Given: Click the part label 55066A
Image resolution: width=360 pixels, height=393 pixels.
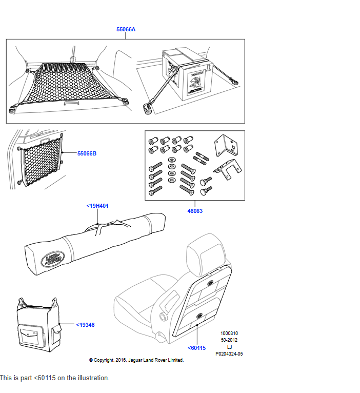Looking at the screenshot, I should [x=126, y=30].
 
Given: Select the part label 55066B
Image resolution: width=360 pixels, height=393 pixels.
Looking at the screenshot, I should [x=87, y=153].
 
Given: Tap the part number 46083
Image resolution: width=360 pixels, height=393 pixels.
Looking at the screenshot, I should [x=195, y=211].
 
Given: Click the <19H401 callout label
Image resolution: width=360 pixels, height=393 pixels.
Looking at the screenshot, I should [x=97, y=206].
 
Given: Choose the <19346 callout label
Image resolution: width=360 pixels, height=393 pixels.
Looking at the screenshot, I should [x=85, y=325].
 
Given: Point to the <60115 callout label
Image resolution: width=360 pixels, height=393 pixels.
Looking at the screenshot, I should [x=196, y=348].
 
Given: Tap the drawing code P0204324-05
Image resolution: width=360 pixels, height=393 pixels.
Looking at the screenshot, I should [x=229, y=354].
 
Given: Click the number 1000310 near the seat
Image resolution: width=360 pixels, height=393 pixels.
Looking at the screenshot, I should [x=229, y=333].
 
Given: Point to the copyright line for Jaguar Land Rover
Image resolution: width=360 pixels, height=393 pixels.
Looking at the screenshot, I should [x=136, y=360].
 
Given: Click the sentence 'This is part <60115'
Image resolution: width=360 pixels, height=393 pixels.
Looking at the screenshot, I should [x=55, y=378].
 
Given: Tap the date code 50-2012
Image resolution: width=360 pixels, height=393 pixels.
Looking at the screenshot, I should [x=229, y=340].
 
